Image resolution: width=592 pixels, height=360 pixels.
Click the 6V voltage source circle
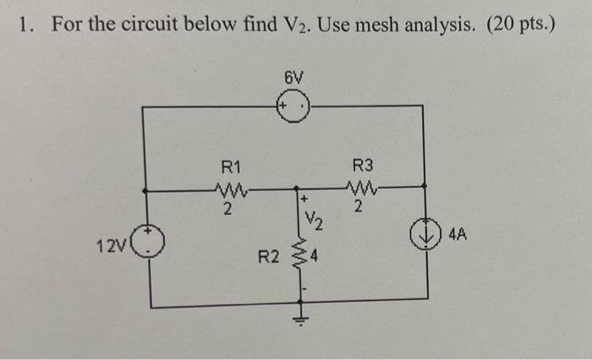[295, 107]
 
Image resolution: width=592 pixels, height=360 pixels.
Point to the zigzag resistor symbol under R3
[362, 188]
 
